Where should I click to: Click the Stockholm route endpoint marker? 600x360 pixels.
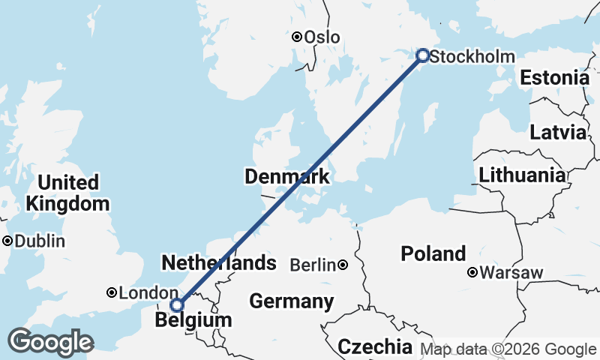pos(422,55)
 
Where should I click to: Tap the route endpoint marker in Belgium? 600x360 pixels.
pos(177,304)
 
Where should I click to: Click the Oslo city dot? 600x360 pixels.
pos(297,36)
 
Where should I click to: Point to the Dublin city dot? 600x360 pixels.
pos(7,241)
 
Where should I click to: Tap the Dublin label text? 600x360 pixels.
pos(39,241)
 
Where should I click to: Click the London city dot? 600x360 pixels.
pos(111,292)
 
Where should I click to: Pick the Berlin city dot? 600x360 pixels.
pos(343,265)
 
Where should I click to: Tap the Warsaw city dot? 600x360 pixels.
pos(472,272)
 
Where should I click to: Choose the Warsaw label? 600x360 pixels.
pos(511,272)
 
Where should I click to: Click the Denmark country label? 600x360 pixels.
pos(287,177)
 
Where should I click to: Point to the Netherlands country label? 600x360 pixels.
pos(219,263)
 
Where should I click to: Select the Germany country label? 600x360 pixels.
pos(291,301)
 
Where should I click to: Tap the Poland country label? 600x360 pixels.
pos(433,253)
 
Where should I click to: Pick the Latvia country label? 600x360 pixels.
pos(557,133)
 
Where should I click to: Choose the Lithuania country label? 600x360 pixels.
pos(523,175)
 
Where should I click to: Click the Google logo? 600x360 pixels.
pos(50,342)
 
